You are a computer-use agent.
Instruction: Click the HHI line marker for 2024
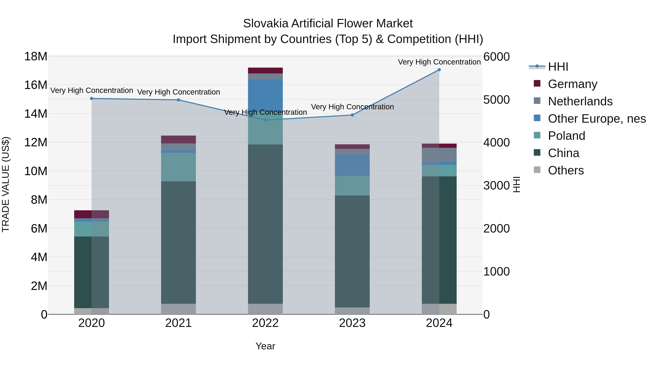(x=439, y=70)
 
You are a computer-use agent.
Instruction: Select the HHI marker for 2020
(x=92, y=99)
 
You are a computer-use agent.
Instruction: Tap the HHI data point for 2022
(x=265, y=120)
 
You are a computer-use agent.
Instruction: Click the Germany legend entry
(x=572, y=84)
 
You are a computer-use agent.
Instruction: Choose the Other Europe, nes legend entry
(x=597, y=119)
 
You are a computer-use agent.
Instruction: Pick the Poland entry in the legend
(x=566, y=136)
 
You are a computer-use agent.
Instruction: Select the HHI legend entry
(x=558, y=67)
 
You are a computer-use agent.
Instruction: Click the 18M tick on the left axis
(x=36, y=56)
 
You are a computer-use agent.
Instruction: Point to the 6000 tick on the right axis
(x=496, y=57)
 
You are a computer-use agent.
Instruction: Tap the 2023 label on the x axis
(x=352, y=323)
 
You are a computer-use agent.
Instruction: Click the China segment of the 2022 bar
(x=265, y=224)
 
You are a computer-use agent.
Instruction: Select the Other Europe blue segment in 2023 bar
(x=352, y=165)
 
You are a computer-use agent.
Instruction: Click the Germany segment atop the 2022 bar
(x=265, y=71)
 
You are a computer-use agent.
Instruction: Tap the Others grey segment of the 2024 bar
(x=439, y=309)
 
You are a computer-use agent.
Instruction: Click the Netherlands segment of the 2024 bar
(x=439, y=155)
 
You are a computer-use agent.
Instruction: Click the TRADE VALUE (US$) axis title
(x=6, y=184)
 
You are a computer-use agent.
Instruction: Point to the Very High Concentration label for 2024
(x=439, y=62)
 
